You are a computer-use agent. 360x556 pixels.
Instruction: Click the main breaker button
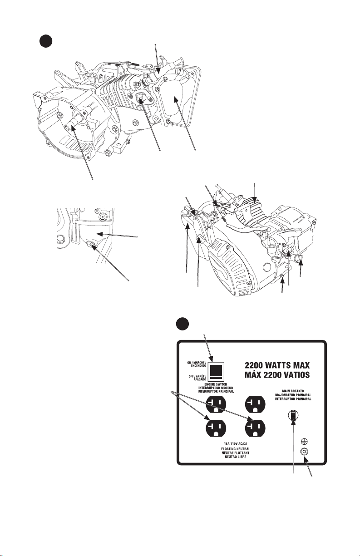pyautogui.click(x=293, y=415)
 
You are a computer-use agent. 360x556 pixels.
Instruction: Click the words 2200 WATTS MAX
pyautogui.click(x=277, y=365)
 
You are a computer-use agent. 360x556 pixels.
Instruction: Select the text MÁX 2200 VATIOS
pyautogui.click(x=277, y=374)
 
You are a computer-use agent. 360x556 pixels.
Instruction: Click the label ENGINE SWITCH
pyautogui.click(x=216, y=384)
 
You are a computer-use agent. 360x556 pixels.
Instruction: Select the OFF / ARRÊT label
pyautogui.click(x=197, y=376)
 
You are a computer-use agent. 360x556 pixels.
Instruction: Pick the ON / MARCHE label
pyautogui.click(x=197, y=363)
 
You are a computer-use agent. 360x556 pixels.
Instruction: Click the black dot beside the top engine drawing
pyautogui.click(x=46, y=41)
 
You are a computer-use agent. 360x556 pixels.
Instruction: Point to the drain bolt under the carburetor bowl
pyautogui.click(x=91, y=245)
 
